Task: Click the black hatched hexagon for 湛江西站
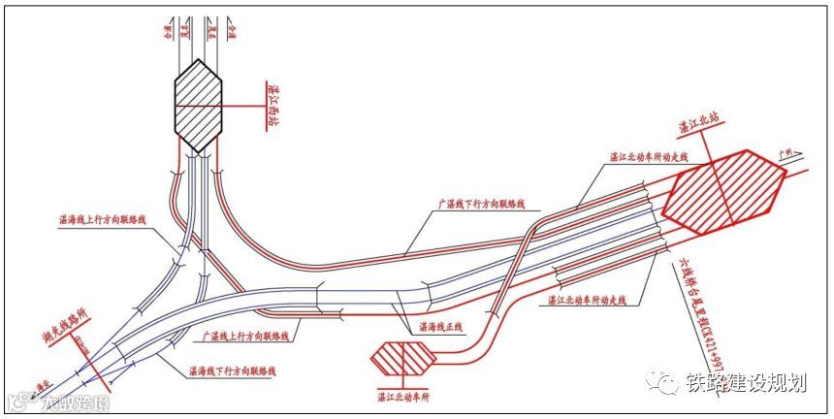tap(199, 105)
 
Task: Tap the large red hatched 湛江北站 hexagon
tap(723, 190)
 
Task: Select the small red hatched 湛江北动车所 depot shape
tap(404, 358)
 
